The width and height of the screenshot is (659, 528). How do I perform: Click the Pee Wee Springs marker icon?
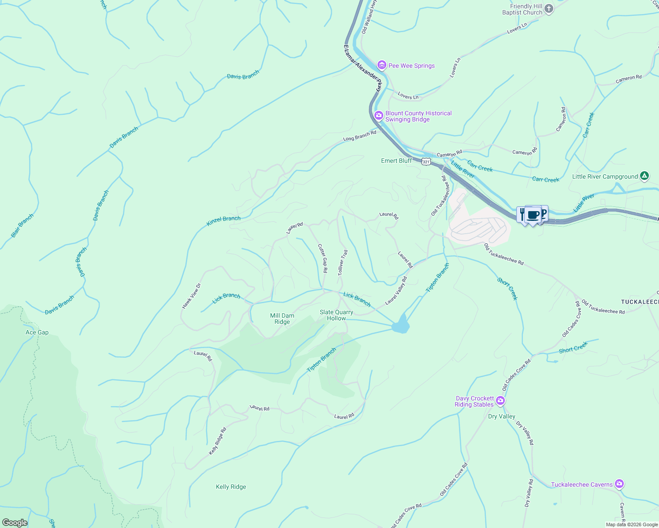click(381, 66)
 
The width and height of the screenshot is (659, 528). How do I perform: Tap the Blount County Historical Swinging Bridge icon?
click(378, 115)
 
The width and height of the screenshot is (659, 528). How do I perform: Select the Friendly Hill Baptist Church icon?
click(548, 8)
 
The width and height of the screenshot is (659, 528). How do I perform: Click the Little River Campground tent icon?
click(644, 176)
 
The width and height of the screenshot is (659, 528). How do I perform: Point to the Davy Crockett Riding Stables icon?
click(500, 401)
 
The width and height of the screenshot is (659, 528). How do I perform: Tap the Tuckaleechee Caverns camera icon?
click(619, 484)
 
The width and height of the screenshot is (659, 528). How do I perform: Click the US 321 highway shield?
click(426, 162)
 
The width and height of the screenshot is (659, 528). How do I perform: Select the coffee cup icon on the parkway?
click(533, 215)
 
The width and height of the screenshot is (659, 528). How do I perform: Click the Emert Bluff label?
click(396, 161)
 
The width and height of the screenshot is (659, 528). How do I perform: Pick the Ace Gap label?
click(37, 332)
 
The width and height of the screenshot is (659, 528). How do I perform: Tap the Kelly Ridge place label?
click(231, 487)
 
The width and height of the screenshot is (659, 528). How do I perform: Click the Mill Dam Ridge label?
click(282, 319)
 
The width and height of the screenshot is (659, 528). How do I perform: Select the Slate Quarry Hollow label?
click(337, 315)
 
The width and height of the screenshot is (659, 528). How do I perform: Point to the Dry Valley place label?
click(501, 416)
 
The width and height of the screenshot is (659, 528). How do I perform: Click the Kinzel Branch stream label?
click(223, 221)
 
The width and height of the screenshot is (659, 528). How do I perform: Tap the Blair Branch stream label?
click(22, 226)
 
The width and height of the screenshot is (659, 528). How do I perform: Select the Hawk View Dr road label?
click(191, 295)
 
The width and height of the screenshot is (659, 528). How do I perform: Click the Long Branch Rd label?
click(360, 136)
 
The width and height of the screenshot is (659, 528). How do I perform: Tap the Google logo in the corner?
click(15, 522)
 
